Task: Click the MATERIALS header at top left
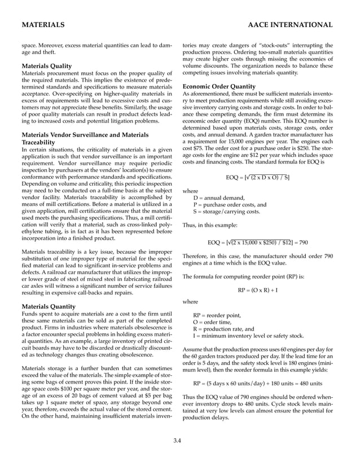pyautogui.click(x=42, y=25)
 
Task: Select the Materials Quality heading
pyautogui.click(x=46, y=66)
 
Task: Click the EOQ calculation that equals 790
pyautogui.click(x=257, y=243)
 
